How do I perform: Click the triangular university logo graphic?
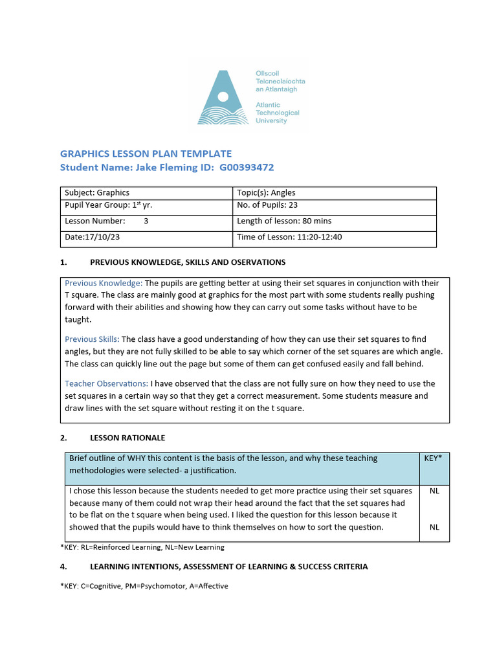[x=223, y=98]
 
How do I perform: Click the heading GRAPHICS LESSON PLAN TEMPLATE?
[x=146, y=153]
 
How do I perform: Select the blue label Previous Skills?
[x=92, y=339]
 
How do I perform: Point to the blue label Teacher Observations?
[x=106, y=383]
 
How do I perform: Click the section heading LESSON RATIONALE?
[x=127, y=438]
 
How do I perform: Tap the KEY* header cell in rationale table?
[x=434, y=458]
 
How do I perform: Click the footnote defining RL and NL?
[x=142, y=547]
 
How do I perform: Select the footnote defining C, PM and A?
[x=144, y=586]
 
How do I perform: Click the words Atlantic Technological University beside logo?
[x=277, y=113]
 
